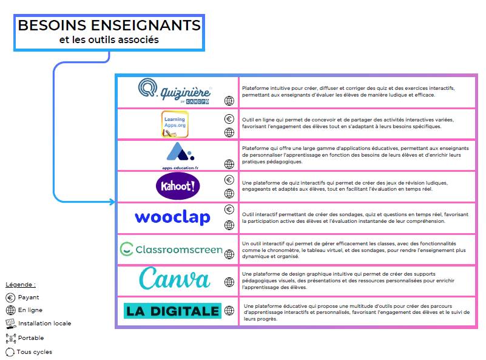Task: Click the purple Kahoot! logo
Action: click(x=177, y=186)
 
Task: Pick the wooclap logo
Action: click(x=172, y=217)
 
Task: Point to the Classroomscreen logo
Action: click(x=172, y=249)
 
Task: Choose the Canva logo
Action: click(x=175, y=279)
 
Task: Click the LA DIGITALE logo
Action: click(x=172, y=311)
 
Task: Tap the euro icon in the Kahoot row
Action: click(x=229, y=180)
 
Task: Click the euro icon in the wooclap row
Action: click(x=229, y=210)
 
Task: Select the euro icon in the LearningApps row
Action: click(x=229, y=119)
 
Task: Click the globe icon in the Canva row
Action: click(x=229, y=282)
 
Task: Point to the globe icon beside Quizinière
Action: click(x=229, y=101)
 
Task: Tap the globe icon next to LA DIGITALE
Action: click(x=229, y=311)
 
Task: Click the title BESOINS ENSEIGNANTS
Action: click(x=109, y=25)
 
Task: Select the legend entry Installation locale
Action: click(x=44, y=324)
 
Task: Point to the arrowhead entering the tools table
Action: click(x=112, y=202)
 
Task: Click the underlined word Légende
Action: click(x=21, y=284)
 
